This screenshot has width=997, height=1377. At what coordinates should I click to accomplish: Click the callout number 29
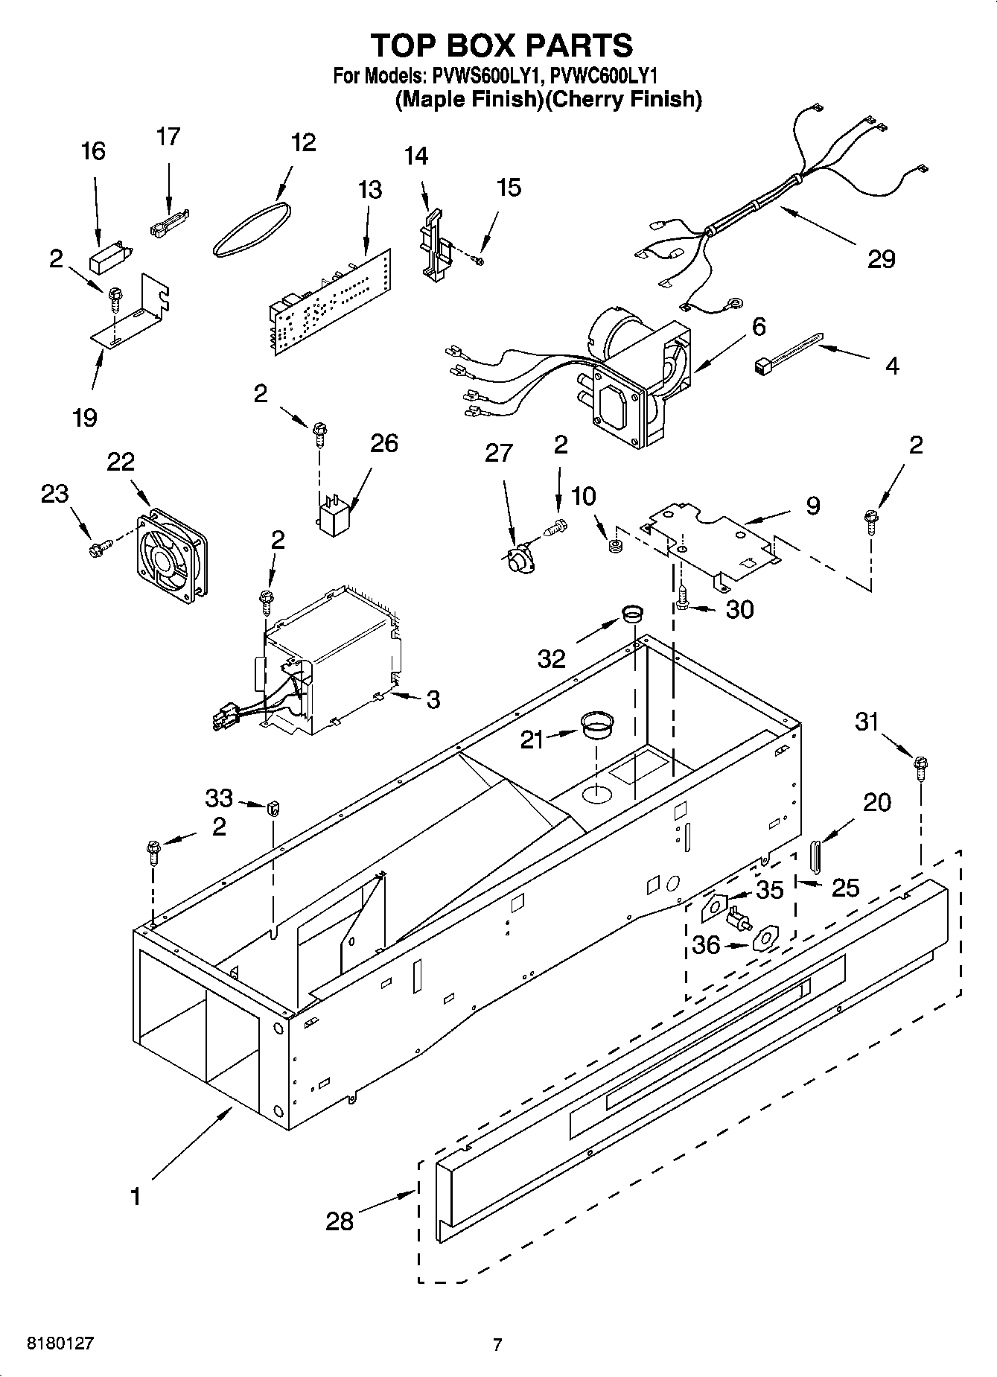pos(881,259)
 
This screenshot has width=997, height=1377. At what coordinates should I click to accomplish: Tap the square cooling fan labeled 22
pos(171,555)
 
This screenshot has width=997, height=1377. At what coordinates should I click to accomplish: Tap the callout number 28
pos(340,1221)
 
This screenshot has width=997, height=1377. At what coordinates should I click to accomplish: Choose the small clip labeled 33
pos(273,807)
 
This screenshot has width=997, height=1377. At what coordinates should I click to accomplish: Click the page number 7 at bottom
pos(497,1344)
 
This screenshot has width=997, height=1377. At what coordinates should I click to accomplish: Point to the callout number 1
pos(135,1197)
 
